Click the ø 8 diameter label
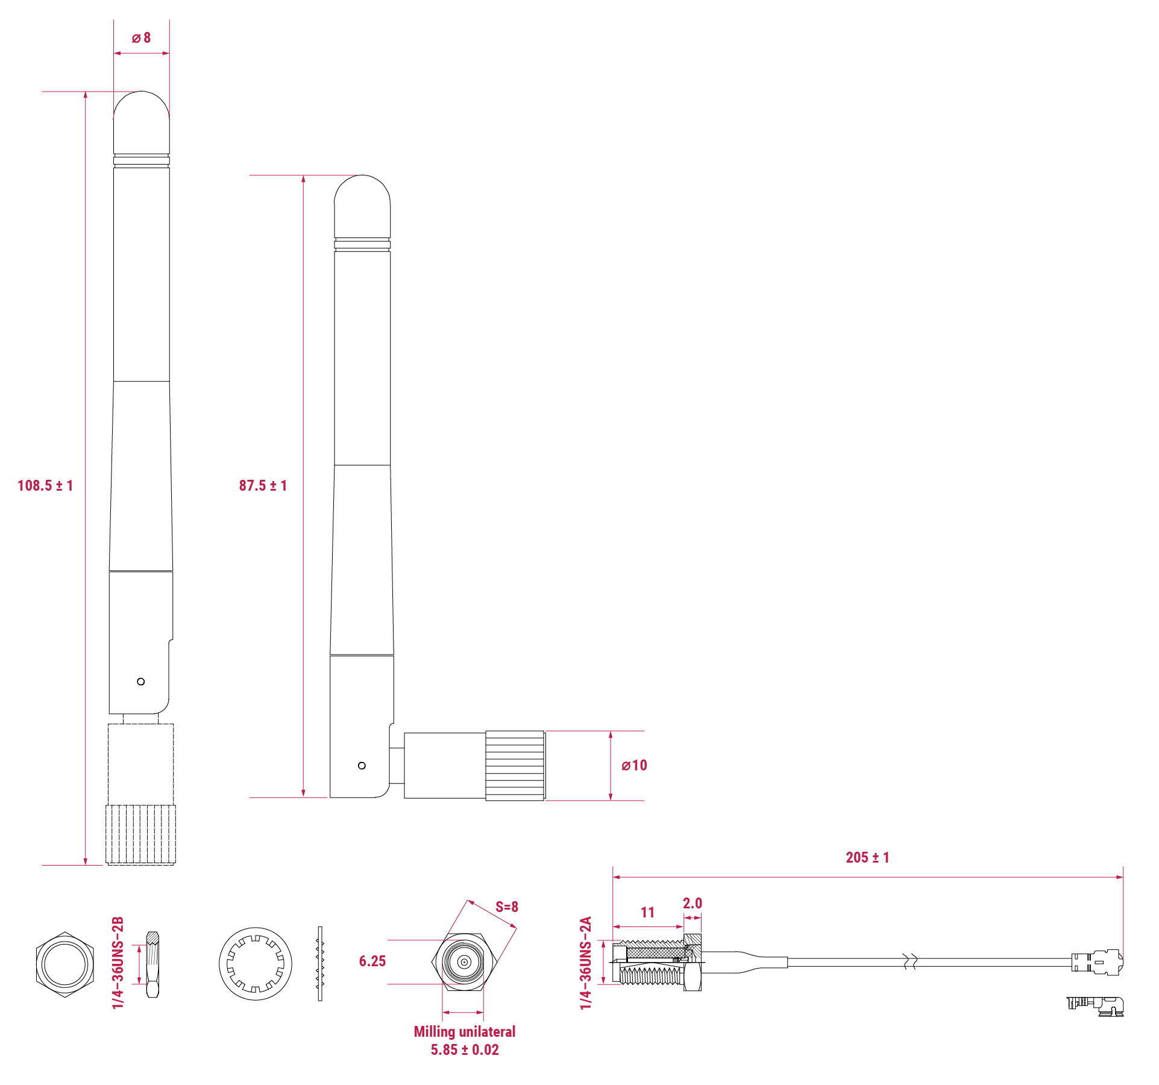pyautogui.click(x=141, y=38)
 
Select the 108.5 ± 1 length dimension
pyautogui.click(x=45, y=486)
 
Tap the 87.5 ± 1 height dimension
pyautogui.click(x=263, y=486)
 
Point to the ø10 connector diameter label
pyautogui.click(x=634, y=766)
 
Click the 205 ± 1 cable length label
pyautogui.click(x=867, y=858)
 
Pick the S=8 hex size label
pyautogui.click(x=506, y=907)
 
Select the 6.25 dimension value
pyautogui.click(x=372, y=961)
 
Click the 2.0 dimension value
pyautogui.click(x=692, y=904)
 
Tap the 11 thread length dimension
pyautogui.click(x=647, y=913)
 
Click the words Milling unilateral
pyautogui.click(x=464, y=1032)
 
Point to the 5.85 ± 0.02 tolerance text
pyautogui.click(x=464, y=1050)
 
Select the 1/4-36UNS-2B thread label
pyautogui.click(x=118, y=963)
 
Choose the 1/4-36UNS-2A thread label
pyautogui.click(x=585, y=963)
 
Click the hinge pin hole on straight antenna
pyautogui.click(x=141, y=682)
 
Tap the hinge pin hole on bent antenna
pyautogui.click(x=362, y=766)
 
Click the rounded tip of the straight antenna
pyautogui.click(x=142, y=105)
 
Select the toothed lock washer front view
pyautogui.click(x=255, y=964)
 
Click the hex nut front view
pyautogui.click(x=64, y=964)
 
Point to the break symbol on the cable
pyautogui.click(x=911, y=961)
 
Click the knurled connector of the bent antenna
pyautogui.click(x=515, y=766)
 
